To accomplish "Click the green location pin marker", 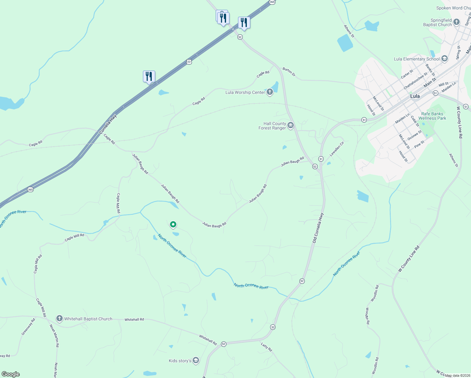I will (x=173, y=225).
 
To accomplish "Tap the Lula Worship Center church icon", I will (x=270, y=92).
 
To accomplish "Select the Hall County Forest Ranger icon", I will (x=291, y=126).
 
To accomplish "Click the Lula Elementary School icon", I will (x=445, y=59).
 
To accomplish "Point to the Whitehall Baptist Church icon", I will (x=59, y=318).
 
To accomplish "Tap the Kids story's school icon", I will (x=196, y=360).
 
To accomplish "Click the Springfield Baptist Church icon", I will (x=457, y=22).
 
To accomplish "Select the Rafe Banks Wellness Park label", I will (x=432, y=116).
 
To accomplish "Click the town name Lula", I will (x=415, y=96).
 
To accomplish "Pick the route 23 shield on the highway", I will (x=189, y=62).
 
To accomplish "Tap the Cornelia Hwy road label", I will (x=108, y=124).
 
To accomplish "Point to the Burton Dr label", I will (x=289, y=72).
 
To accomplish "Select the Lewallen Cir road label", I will (x=337, y=149).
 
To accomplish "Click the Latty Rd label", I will (x=266, y=347).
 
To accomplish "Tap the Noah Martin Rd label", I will (x=54, y=336).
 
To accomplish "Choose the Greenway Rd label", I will (x=28, y=327).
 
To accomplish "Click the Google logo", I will (x=10, y=374).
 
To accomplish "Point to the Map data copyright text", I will (x=457, y=375).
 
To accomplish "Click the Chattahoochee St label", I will (x=416, y=81).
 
